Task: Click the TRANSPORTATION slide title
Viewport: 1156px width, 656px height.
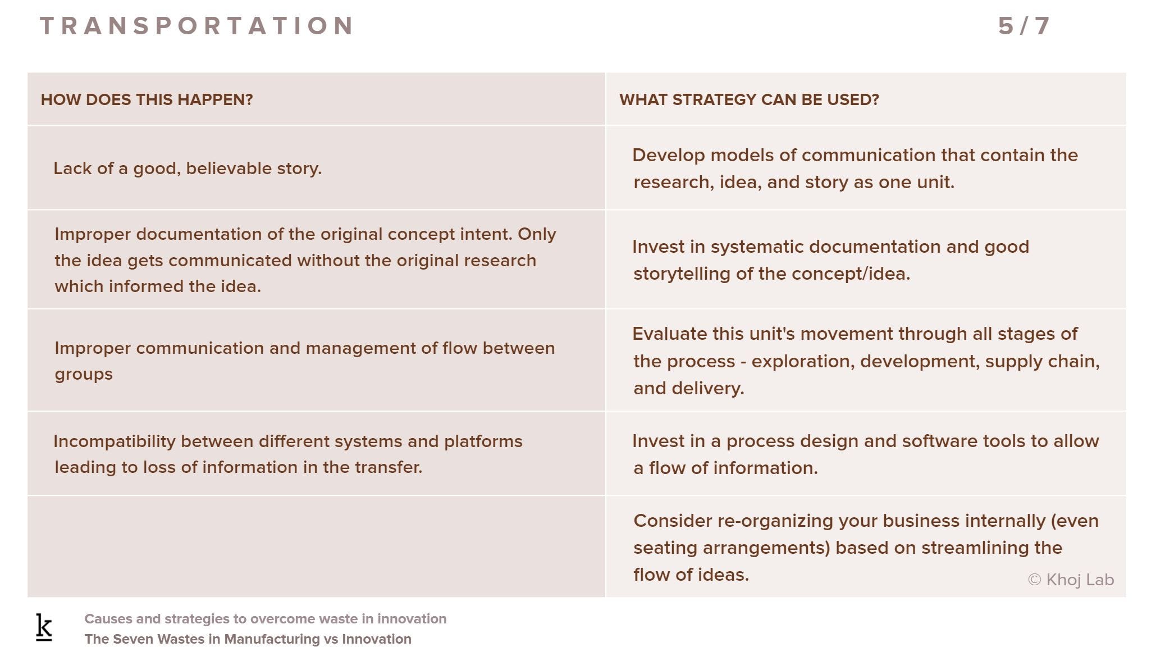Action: pos(197,26)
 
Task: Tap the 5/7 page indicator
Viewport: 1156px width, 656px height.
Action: pos(1024,26)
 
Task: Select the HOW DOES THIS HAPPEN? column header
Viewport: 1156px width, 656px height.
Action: pos(147,100)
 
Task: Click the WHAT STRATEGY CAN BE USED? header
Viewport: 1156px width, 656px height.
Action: pos(749,100)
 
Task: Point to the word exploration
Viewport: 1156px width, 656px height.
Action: pos(803,362)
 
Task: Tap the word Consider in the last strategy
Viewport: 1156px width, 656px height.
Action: pos(673,521)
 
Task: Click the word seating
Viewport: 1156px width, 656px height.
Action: pos(665,548)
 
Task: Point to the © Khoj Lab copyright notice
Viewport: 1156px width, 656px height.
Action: pos(1071,580)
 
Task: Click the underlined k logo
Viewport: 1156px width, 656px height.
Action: pos(44,627)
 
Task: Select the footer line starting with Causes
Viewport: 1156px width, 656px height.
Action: pos(266,619)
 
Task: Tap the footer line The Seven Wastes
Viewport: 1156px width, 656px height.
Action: pos(248,639)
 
